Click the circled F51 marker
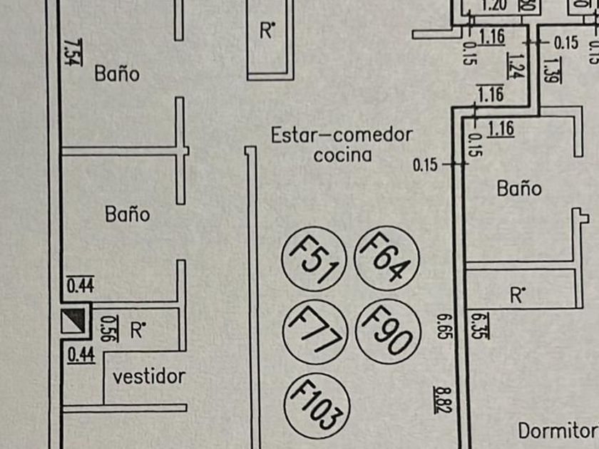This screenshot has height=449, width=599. tap(314, 262)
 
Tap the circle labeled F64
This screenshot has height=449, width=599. tap(386, 257)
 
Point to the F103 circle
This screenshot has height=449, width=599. tap(317, 403)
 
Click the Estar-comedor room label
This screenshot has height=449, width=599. tap(342, 135)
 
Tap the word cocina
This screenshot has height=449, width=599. tap(343, 155)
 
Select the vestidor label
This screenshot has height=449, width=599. tap(150, 376)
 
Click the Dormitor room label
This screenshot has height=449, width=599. tap(557, 430)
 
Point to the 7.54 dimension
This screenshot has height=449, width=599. tap(71, 51)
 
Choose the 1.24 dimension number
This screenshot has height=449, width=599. tap(513, 65)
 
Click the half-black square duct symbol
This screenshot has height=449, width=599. tap(75, 321)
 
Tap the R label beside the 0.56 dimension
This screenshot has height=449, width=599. tap(138, 329)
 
